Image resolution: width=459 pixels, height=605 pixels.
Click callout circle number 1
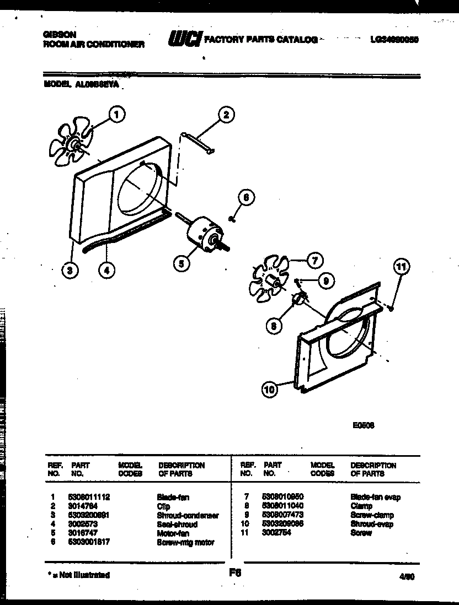115,115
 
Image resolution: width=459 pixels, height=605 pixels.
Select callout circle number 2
225,115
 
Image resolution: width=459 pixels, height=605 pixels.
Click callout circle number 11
402,267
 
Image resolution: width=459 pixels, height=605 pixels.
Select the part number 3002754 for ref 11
277,533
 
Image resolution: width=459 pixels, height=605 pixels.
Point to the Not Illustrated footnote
77,575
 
